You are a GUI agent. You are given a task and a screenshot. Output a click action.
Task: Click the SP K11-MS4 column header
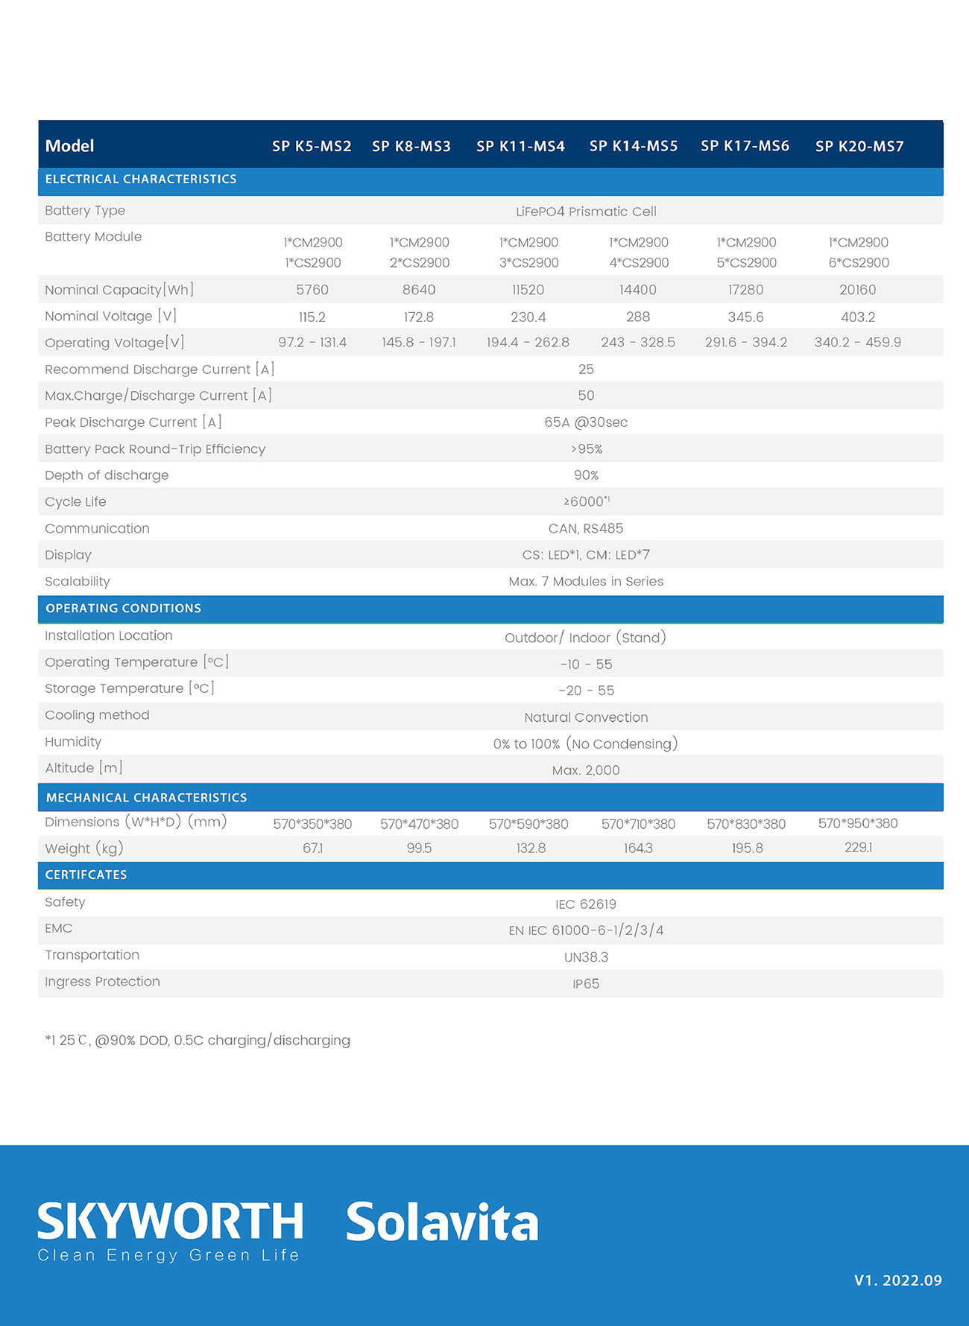pyautogui.click(x=520, y=146)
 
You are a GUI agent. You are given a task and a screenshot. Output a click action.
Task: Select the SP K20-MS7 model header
pyautogui.click(x=859, y=146)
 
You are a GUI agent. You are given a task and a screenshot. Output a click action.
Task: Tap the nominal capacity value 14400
pyautogui.click(x=637, y=290)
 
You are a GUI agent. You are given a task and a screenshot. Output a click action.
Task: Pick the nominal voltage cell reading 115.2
pyautogui.click(x=312, y=317)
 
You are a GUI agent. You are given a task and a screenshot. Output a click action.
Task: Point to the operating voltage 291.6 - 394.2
pyautogui.click(x=746, y=343)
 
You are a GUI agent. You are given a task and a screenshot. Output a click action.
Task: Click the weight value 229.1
pyautogui.click(x=858, y=848)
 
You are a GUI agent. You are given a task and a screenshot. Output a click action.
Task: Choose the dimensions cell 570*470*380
pyautogui.click(x=419, y=824)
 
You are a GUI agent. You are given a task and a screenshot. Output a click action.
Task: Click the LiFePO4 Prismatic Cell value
pyautogui.click(x=586, y=212)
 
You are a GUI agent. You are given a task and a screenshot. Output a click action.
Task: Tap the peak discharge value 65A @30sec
pyautogui.click(x=586, y=422)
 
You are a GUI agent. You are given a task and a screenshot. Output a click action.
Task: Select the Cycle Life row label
pyautogui.click(x=75, y=502)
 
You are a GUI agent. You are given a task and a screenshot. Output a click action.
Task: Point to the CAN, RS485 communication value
pyautogui.click(x=586, y=529)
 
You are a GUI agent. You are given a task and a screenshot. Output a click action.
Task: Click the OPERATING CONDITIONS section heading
pyautogui.click(x=123, y=609)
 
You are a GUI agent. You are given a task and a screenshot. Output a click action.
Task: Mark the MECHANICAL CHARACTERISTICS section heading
pyautogui.click(x=146, y=798)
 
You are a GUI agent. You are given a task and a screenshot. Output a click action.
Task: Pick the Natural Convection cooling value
pyautogui.click(x=586, y=717)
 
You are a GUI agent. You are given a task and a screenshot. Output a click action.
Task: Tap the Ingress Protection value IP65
pyautogui.click(x=586, y=984)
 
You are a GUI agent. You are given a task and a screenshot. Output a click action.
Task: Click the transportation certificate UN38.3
pyautogui.click(x=586, y=957)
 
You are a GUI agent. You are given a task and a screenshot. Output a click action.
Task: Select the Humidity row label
pyautogui.click(x=73, y=742)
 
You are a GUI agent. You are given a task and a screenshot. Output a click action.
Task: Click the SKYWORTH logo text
pyautogui.click(x=170, y=1222)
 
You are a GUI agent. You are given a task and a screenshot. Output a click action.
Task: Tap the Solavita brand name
pyautogui.click(x=442, y=1222)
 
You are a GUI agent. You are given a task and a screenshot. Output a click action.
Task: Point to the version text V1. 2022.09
pyautogui.click(x=897, y=1281)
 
